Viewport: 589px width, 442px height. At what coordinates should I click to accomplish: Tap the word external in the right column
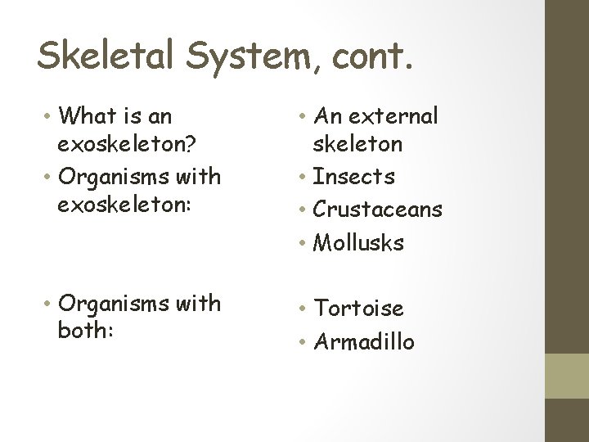(393, 117)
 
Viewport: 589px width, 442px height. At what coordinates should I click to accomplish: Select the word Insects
(354, 177)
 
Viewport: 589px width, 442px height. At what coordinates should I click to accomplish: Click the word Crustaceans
(378, 210)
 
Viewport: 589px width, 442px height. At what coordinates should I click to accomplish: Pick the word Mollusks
(359, 243)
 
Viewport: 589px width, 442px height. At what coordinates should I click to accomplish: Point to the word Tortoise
(359, 309)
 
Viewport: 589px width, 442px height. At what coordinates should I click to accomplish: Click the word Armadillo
(365, 341)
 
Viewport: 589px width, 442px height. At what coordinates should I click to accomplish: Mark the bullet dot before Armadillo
(302, 342)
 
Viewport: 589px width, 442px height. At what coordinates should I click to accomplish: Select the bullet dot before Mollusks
(302, 244)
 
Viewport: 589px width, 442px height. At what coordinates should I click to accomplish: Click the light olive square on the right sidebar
(568, 376)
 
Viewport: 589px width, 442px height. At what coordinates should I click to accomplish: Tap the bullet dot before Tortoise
(302, 309)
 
